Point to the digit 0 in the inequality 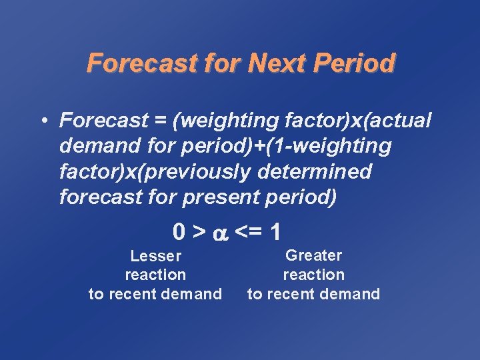click(x=179, y=232)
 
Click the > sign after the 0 click(x=199, y=232)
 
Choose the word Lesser click(x=155, y=256)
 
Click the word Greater click(x=313, y=255)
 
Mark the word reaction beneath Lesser click(x=155, y=275)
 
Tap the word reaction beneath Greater click(x=313, y=275)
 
